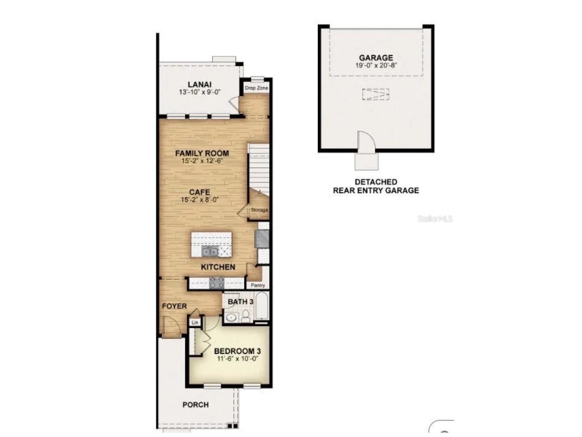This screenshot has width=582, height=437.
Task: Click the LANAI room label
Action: [199, 84]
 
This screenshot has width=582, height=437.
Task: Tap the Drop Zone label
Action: [256, 88]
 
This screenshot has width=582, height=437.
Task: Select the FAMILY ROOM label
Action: [202, 153]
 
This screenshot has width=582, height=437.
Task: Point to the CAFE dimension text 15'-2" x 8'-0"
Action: [199, 200]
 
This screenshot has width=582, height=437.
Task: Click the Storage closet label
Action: [259, 210]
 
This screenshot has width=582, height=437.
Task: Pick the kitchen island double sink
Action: [210, 251]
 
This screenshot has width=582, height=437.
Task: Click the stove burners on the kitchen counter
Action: [217, 282]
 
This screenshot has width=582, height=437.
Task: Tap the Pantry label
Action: [258, 285]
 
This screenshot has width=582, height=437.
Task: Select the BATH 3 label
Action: [240, 302]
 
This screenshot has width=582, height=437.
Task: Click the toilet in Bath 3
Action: [246, 316]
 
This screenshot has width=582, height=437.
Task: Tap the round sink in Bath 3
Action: [231, 317]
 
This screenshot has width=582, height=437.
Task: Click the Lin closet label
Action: [195, 323]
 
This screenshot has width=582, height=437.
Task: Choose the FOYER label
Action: [174, 306]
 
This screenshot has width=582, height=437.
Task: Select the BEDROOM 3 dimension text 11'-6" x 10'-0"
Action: [237, 359]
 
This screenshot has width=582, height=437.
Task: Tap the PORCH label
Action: [196, 405]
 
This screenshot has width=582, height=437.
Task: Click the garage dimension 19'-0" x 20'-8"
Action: [376, 65]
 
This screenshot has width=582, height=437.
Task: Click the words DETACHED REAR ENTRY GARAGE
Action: [376, 186]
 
